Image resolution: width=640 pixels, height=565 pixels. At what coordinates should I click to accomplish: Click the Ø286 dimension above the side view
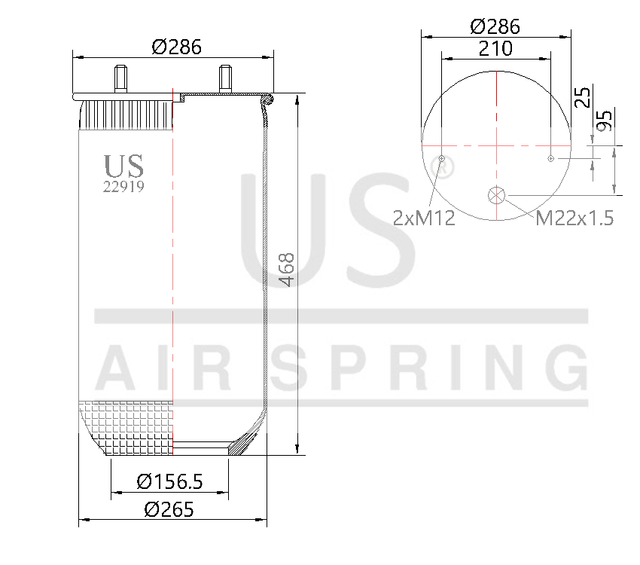(177, 47)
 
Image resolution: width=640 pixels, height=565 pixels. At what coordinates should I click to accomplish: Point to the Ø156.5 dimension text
(170, 481)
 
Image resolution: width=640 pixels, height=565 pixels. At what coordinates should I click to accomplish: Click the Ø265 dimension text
(169, 508)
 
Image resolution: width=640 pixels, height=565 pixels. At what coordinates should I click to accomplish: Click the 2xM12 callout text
(424, 218)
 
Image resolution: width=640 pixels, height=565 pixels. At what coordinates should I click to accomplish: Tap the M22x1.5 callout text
(574, 218)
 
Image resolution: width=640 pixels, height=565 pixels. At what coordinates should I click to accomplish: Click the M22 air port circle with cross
(497, 194)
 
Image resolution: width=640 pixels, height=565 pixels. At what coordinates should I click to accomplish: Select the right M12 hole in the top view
(551, 158)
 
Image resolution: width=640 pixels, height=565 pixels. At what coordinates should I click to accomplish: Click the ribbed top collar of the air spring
(126, 116)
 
